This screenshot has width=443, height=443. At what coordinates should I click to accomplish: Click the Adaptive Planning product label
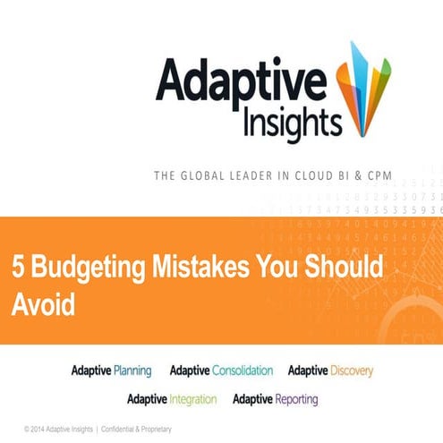coord(112,370)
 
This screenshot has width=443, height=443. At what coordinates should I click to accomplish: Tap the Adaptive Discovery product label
coord(330,370)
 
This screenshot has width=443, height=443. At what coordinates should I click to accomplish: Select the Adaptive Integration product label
coord(173,398)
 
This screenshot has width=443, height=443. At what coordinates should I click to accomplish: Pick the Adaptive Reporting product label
coord(275,398)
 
